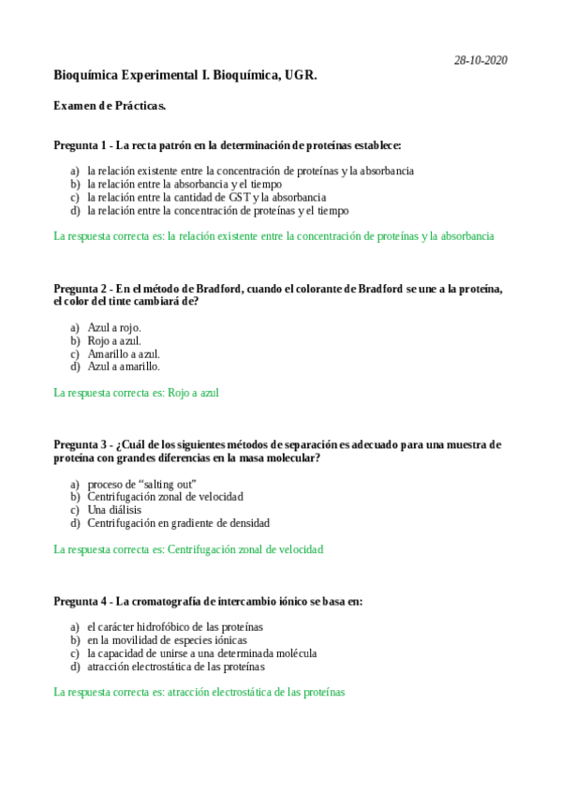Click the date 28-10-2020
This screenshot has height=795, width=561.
(x=480, y=60)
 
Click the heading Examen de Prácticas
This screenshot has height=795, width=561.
(x=111, y=106)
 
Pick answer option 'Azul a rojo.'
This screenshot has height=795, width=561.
(x=114, y=327)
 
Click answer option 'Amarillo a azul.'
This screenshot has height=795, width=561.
(x=124, y=353)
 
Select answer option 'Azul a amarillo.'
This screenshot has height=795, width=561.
(x=124, y=367)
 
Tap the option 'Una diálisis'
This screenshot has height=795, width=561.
(x=115, y=510)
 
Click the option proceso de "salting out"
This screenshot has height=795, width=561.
(x=141, y=483)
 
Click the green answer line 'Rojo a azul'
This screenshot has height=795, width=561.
(x=137, y=393)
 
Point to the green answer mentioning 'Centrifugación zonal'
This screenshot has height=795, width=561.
(x=188, y=549)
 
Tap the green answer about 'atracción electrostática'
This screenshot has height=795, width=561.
(x=199, y=692)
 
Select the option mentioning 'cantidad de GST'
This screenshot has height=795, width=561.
(x=206, y=198)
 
